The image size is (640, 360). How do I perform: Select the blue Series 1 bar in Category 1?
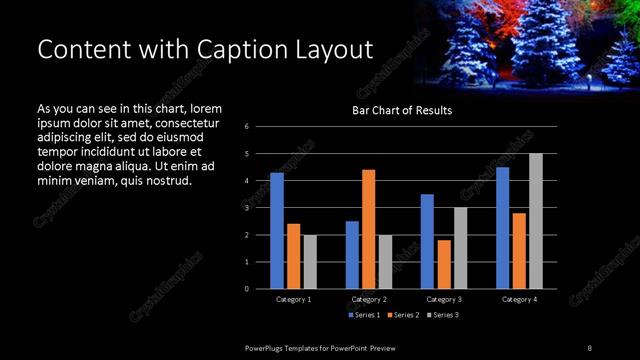click(x=276, y=230)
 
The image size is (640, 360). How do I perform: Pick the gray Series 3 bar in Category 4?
click(x=535, y=221)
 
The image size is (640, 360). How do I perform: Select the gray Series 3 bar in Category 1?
click(x=310, y=261)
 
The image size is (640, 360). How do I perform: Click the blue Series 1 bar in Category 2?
click(x=352, y=254)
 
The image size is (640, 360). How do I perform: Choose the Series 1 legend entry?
click(x=365, y=315)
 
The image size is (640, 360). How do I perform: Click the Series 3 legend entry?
click(x=443, y=315)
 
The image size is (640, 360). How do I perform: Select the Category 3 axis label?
click(x=443, y=299)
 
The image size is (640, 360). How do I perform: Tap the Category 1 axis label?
click(x=293, y=299)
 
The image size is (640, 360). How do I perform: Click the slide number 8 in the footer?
click(x=589, y=347)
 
